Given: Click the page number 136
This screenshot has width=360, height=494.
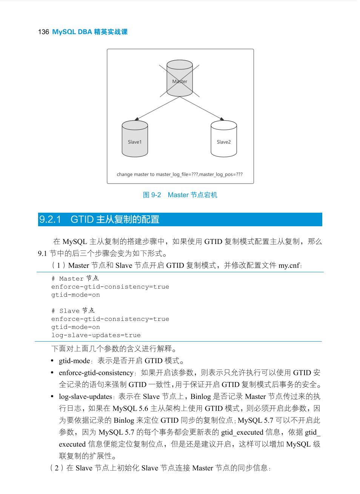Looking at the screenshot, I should pyautogui.click(x=43, y=32).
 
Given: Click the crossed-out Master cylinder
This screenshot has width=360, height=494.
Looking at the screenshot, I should pyautogui.click(x=180, y=78).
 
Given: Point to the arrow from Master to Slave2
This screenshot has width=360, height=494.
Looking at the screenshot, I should pyautogui.click(x=202, y=109).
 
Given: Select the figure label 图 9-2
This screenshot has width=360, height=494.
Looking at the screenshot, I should pyautogui.click(x=152, y=195).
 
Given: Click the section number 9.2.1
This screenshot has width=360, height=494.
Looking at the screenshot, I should pyautogui.click(x=50, y=219).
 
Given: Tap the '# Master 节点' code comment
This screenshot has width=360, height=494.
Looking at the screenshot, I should pyautogui.click(x=75, y=279).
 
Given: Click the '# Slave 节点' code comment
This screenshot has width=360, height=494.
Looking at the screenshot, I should pyautogui.click(x=73, y=311).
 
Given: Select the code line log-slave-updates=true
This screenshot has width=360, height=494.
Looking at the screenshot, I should pyautogui.click(x=96, y=335).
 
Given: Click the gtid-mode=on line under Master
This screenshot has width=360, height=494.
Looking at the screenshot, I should pyautogui.click(x=75, y=295).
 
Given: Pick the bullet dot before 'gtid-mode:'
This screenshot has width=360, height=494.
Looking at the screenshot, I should pyautogui.click(x=52, y=361).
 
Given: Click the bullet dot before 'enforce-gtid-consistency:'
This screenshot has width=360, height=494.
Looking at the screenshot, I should pyautogui.click(x=52, y=373).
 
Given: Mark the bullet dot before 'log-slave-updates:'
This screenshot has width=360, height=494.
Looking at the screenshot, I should pyautogui.click(x=52, y=397).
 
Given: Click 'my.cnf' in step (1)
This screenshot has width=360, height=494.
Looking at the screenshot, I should pyautogui.click(x=289, y=265).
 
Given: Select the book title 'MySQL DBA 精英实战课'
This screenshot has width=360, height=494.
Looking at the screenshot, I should pyautogui.click(x=90, y=32).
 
